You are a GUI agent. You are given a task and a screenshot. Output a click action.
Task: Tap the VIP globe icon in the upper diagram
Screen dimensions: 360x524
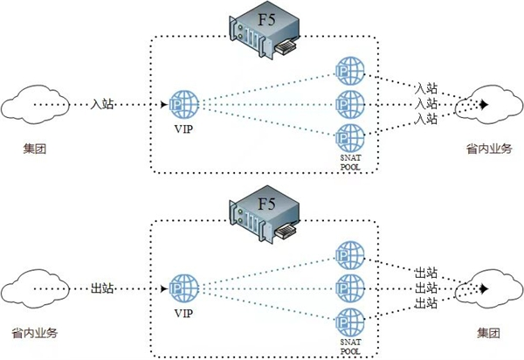(183, 105)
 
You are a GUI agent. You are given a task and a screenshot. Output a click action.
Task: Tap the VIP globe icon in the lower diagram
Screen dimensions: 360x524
(183, 288)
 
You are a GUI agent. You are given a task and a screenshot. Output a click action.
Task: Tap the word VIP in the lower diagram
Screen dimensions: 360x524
(183, 312)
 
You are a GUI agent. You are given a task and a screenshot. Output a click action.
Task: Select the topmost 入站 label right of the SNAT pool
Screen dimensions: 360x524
(426, 87)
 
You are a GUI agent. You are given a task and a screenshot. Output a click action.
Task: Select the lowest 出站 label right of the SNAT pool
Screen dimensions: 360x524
(426, 303)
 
